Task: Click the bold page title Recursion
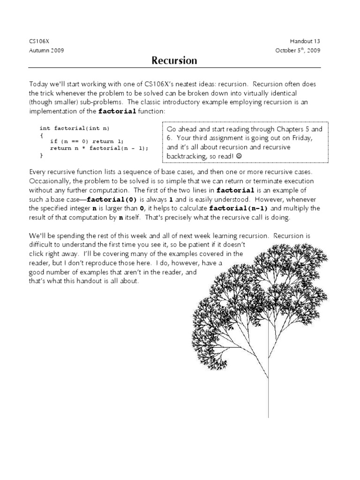(x=174, y=60)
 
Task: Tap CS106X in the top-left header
(x=38, y=42)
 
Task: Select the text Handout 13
(x=306, y=42)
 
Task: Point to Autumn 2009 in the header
(x=46, y=50)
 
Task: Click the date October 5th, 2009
(x=299, y=50)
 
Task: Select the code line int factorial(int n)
(x=76, y=128)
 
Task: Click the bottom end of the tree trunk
(x=268, y=416)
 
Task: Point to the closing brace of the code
(x=41, y=154)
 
